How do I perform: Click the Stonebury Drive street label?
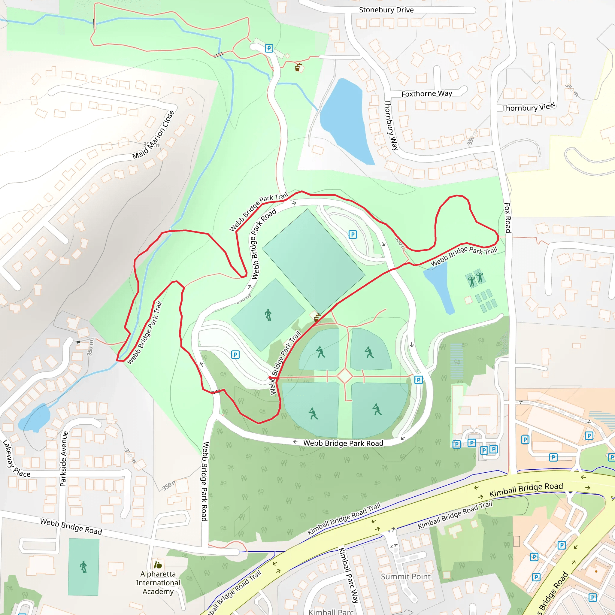386,10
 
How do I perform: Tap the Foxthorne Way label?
426,94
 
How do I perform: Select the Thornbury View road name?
529,107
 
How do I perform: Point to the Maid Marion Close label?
153,135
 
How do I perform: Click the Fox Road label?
507,217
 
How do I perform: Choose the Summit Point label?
405,577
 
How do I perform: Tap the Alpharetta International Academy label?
158,583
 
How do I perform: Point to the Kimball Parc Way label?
348,575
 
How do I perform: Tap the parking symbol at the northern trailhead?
269,48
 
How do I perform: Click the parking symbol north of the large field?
353,235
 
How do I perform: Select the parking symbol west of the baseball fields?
235,355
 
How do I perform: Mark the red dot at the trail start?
270,377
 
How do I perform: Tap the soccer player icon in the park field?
268,315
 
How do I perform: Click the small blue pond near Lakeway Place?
34,418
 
